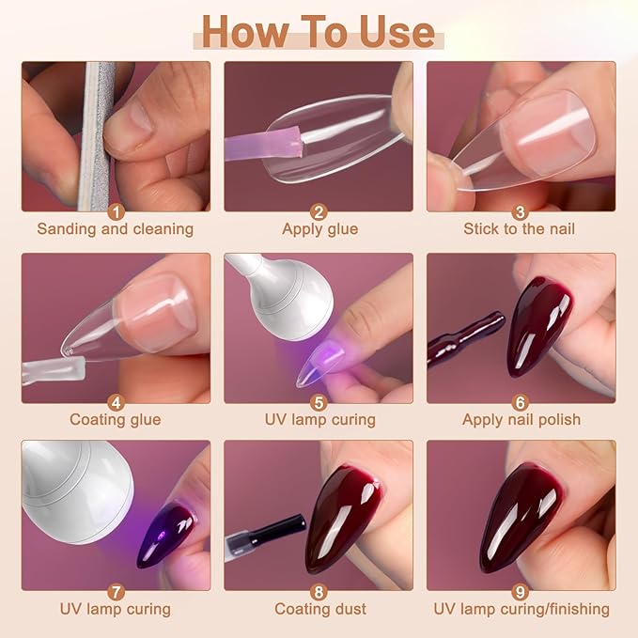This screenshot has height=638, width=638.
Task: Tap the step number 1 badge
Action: pyautogui.click(x=116, y=211)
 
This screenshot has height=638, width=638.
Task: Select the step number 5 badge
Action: pyautogui.click(x=319, y=403)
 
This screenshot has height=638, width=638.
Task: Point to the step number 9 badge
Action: pyautogui.click(x=521, y=591)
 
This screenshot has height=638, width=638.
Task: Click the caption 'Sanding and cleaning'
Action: pyautogui.click(x=115, y=228)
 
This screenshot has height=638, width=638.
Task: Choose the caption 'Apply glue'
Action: pyautogui.click(x=319, y=228)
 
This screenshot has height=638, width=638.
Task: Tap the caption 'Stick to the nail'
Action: pyautogui.click(x=519, y=228)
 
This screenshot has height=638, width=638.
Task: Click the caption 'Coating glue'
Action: pyautogui.click(x=115, y=419)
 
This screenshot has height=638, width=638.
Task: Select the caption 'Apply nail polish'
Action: pyautogui.click(x=521, y=419)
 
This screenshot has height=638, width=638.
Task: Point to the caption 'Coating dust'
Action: pyautogui.click(x=319, y=609)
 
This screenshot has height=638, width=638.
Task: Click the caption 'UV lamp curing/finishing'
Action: pyautogui.click(x=521, y=609)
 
